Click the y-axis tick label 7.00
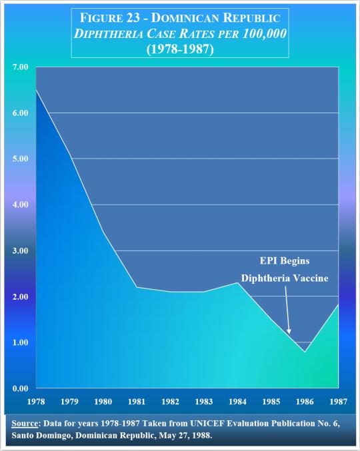click(x=20, y=67)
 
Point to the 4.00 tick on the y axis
click(x=20, y=205)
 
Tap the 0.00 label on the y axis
click(x=20, y=388)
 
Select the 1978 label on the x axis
click(x=36, y=401)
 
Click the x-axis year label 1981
click(x=137, y=401)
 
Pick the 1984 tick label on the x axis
click(x=237, y=401)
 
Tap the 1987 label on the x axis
click(x=339, y=401)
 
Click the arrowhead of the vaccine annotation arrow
click(x=289, y=331)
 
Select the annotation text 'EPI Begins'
click(x=285, y=261)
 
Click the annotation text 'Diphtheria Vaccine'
click(x=285, y=278)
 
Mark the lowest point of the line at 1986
click(x=305, y=352)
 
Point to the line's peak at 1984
click(x=237, y=282)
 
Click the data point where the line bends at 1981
click(x=137, y=287)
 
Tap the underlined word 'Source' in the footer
click(x=25, y=424)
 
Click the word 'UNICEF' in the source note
click(x=207, y=424)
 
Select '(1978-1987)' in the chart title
click(x=180, y=49)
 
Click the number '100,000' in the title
click(x=265, y=34)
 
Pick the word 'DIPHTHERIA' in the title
click(x=109, y=34)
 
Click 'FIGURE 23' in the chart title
click(x=110, y=18)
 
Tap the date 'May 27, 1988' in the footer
click(x=185, y=435)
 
